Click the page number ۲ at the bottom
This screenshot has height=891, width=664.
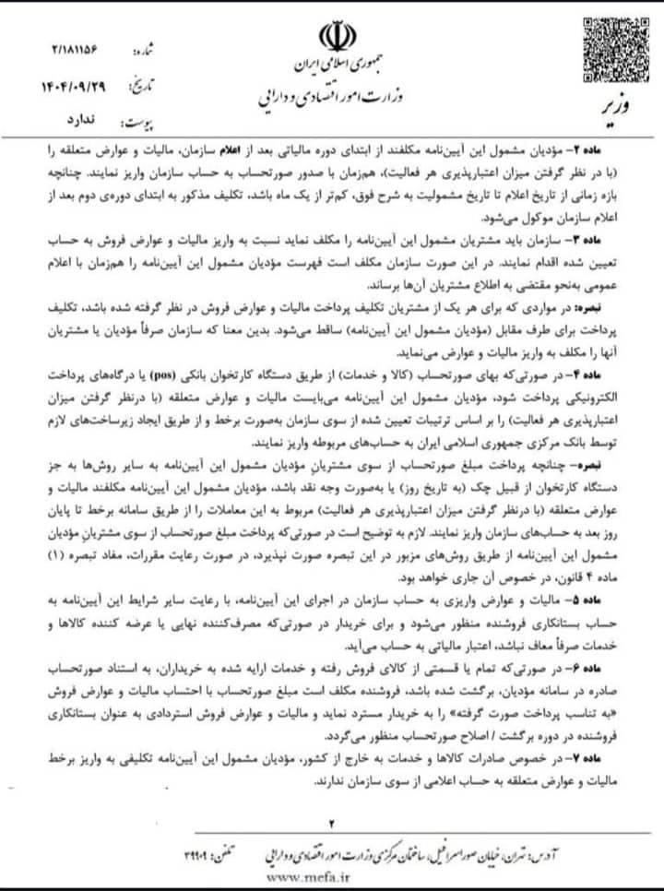click(x=333, y=822)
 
